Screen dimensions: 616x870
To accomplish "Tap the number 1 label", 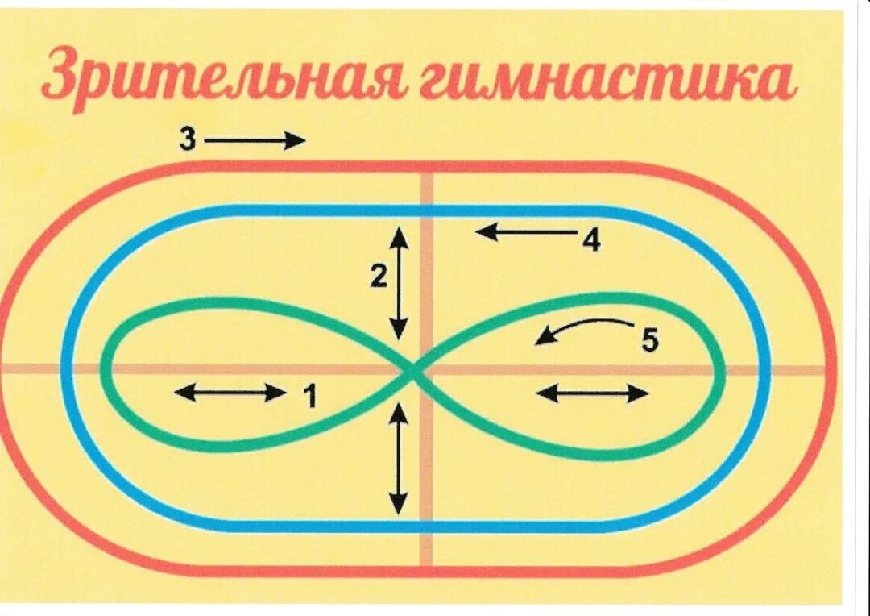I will (310, 397).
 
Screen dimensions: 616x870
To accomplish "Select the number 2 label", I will (379, 277).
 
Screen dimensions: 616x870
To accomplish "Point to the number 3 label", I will (187, 139).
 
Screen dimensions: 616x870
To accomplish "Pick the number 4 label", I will (591, 240).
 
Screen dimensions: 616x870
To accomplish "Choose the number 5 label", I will (649, 341).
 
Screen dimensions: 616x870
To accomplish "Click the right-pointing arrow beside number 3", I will (255, 141).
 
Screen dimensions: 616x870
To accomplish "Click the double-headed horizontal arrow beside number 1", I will (230, 393).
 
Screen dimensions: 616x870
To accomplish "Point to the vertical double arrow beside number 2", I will (398, 282).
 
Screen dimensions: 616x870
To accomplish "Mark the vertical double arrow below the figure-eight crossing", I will (398, 458).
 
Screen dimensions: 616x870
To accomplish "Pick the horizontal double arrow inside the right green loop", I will (592, 393).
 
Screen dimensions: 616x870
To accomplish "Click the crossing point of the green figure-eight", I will (412, 372).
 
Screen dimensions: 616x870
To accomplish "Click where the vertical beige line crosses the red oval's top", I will (426, 167).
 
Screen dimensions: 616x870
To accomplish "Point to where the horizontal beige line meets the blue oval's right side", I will (763, 370).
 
